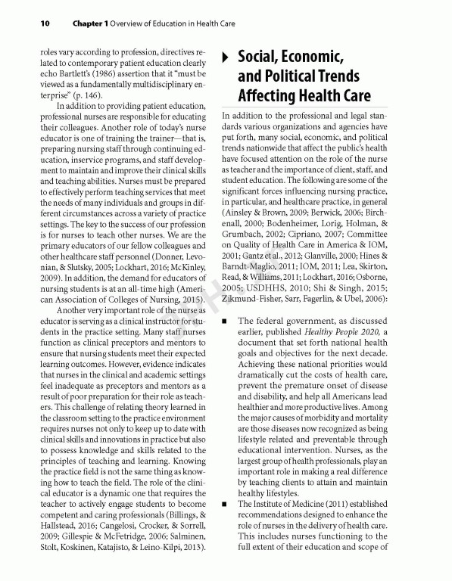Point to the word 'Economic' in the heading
pyautogui.click(x=313, y=57)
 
